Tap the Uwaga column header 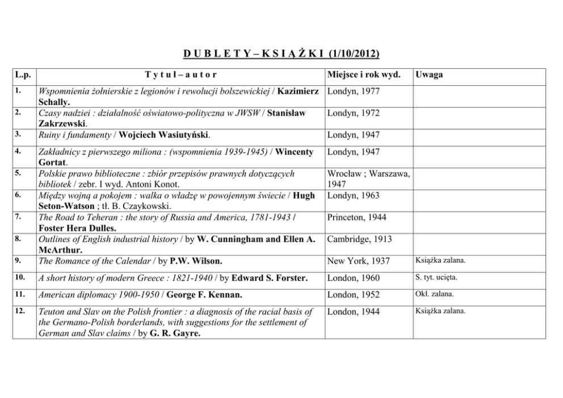[x=429, y=74]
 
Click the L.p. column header [x=22, y=74]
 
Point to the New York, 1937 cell [x=358, y=261]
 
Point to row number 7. [x=18, y=216]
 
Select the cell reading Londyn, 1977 [x=354, y=91]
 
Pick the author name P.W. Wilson [x=196, y=262]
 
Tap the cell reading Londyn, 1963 [x=354, y=195]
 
